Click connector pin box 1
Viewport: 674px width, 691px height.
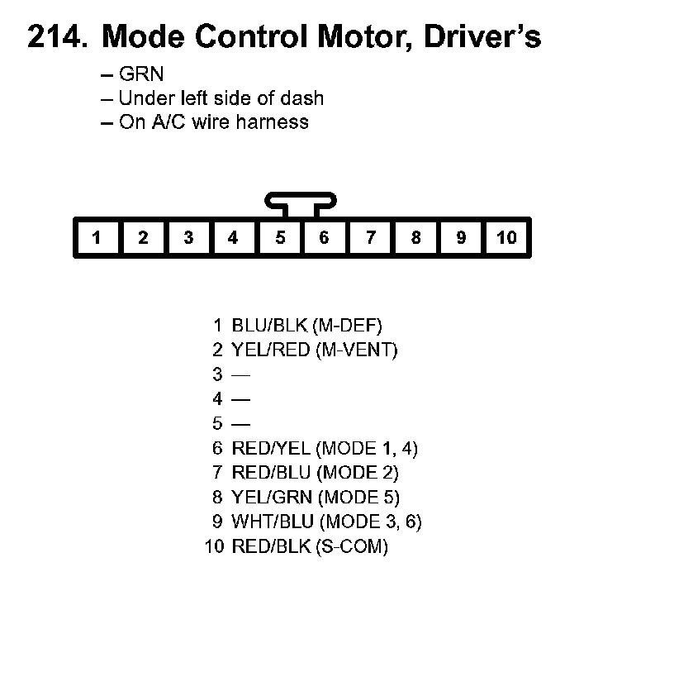[97, 238]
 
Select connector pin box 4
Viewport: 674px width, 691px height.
[233, 238]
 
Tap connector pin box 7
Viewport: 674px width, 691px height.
[371, 238]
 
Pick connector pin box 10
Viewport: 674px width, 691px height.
[506, 238]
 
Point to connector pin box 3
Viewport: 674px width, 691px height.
[188, 238]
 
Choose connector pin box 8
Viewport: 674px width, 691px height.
[415, 238]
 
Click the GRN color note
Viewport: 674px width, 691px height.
[141, 74]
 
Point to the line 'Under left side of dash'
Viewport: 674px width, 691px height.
[221, 98]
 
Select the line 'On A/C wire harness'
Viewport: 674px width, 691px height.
[214, 122]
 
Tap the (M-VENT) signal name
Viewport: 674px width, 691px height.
[356, 350]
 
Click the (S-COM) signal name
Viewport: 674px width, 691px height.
[351, 547]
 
